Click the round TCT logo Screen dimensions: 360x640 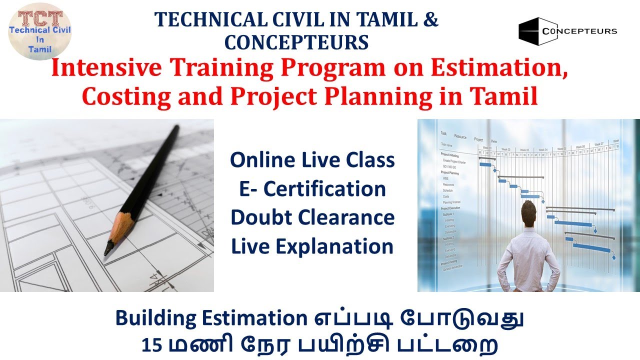[x=40, y=30]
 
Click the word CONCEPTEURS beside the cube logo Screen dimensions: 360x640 [x=579, y=31]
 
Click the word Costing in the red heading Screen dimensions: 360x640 [x=119, y=97]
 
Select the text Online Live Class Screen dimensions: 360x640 [x=312, y=160]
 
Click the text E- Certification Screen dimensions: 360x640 [x=312, y=189]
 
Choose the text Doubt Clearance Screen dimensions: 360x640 [x=312, y=218]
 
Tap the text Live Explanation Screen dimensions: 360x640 [x=312, y=246]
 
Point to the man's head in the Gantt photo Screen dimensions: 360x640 [x=531, y=212]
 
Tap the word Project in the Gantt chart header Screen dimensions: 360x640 [x=478, y=140]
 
